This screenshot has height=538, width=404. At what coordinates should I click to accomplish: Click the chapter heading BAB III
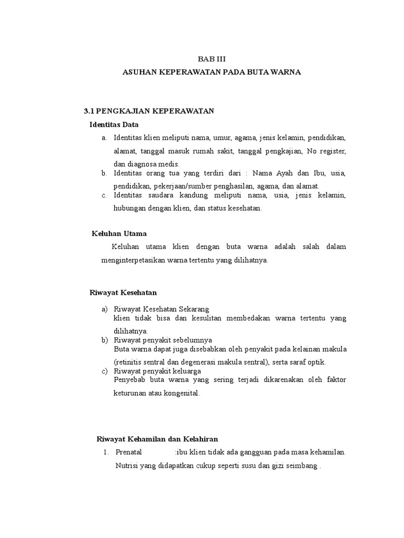(x=211, y=59)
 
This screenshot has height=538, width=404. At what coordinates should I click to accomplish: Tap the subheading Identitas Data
(x=114, y=125)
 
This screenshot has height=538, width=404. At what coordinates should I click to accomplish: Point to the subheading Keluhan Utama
(x=119, y=233)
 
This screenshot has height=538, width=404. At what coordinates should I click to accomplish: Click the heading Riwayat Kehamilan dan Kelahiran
(x=157, y=439)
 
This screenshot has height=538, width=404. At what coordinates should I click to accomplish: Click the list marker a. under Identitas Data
(x=104, y=138)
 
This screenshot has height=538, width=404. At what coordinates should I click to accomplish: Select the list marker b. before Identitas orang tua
(x=104, y=173)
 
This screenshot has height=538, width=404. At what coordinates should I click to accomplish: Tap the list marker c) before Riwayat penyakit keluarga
(x=104, y=370)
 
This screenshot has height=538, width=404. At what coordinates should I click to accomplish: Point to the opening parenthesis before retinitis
(x=115, y=362)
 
